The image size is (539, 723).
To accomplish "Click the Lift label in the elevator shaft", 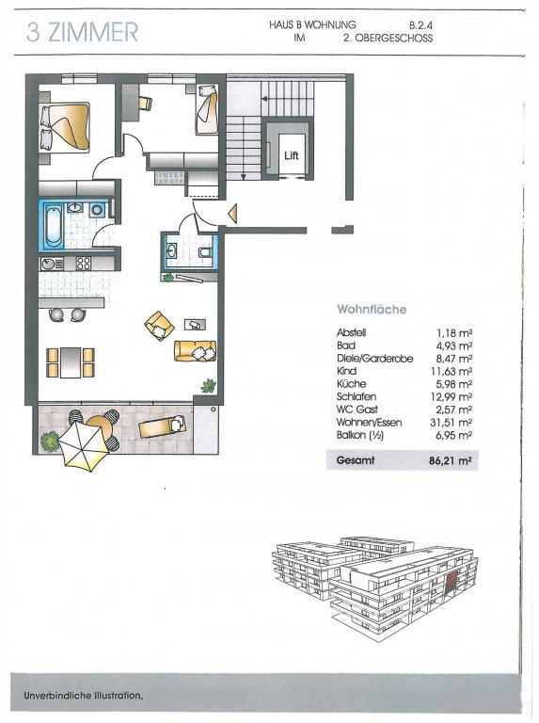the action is pos(292,156).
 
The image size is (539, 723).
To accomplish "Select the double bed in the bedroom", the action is pos(65,127).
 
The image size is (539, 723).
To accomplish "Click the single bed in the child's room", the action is pos(206,110).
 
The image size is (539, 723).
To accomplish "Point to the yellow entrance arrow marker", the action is pos(233,213).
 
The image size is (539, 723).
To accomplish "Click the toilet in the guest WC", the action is pos(205,251).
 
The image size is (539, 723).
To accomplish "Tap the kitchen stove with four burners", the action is pos(84,264).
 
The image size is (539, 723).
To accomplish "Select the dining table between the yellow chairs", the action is pos(71,362).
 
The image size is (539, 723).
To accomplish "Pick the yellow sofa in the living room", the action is pos(195,350).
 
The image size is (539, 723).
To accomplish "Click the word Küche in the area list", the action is pos(351,384).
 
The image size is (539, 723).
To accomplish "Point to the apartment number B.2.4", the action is pos(420,25).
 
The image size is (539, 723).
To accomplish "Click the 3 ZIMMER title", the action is pos(82,32).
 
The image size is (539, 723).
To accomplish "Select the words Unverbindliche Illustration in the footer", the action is pos(83,696).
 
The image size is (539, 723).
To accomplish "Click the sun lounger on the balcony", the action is pos(162,426).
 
